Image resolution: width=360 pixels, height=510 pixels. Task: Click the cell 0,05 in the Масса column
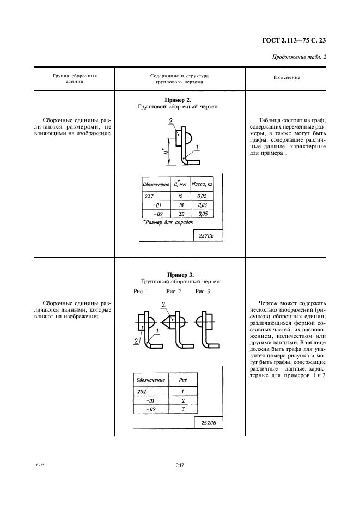203,214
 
